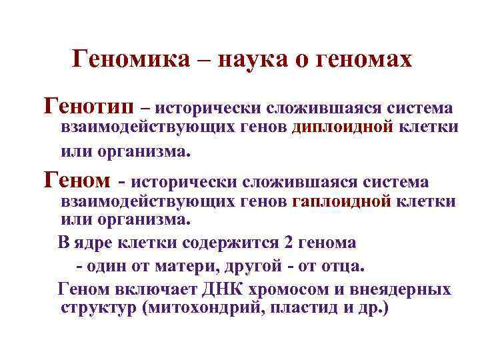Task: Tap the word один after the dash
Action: (x=103, y=266)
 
